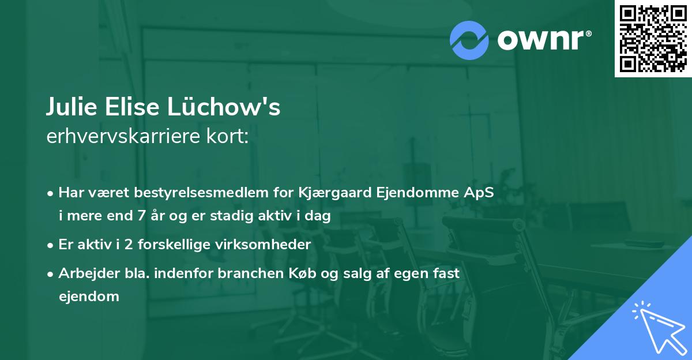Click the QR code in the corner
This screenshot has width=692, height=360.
tap(653, 39)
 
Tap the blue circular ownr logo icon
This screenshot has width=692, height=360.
tap(469, 40)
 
